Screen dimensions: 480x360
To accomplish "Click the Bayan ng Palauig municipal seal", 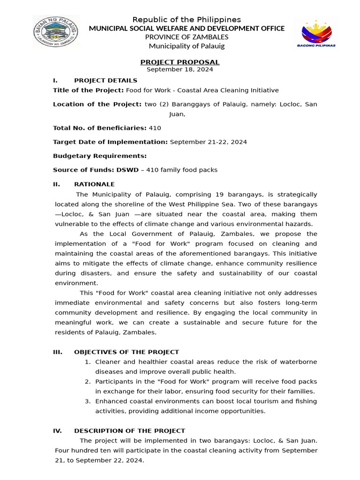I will tap(55, 32).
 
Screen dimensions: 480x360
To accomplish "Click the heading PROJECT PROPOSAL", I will tap(180, 62).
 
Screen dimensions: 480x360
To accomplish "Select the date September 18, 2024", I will tap(180, 69).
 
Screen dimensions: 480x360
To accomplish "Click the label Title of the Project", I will tap(88, 90).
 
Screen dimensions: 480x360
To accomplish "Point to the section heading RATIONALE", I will tap(94, 184).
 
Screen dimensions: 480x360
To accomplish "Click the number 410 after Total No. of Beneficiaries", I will tap(155, 127).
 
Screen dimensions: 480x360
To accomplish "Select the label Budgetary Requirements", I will tap(100, 156).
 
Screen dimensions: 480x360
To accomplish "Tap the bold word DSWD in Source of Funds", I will tap(129, 170).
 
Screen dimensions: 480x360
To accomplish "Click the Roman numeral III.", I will tap(58, 352).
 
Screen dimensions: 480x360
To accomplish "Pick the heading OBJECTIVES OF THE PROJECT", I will tap(127, 352).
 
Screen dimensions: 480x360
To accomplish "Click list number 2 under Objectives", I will tap(88, 382).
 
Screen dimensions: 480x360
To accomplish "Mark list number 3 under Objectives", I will tap(88, 401).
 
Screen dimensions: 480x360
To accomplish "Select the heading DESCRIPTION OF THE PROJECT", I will tap(129, 431).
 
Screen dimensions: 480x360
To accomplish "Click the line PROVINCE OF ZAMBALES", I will tap(187, 37).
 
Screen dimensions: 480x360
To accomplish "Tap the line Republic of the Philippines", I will tap(187, 19).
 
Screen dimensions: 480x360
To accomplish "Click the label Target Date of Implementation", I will tap(110, 142).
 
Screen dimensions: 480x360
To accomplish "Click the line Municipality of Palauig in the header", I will tap(187, 46).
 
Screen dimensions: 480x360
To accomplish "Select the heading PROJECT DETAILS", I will tap(105, 81).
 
